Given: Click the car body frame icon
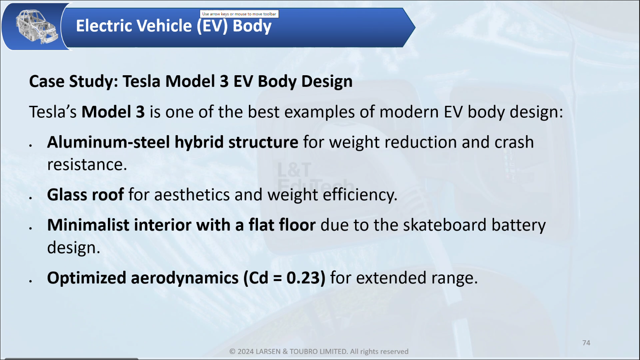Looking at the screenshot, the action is coord(36,26).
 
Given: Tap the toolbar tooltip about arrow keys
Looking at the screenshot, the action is coord(239,14).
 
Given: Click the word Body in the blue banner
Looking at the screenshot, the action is coord(252,26).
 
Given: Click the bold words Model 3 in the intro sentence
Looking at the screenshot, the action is coord(113,112).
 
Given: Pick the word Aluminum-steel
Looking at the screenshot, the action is coord(109,142).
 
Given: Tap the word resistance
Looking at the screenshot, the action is coord(87,165).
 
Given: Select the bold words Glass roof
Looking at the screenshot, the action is coord(86,195).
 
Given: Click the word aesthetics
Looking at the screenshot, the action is coord(192,195).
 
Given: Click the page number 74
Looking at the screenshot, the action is coord(586,343).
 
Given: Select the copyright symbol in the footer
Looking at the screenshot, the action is coord(233,351).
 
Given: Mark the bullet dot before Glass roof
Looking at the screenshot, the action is coord(31,198).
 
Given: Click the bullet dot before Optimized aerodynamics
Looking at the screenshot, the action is coord(31,281).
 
